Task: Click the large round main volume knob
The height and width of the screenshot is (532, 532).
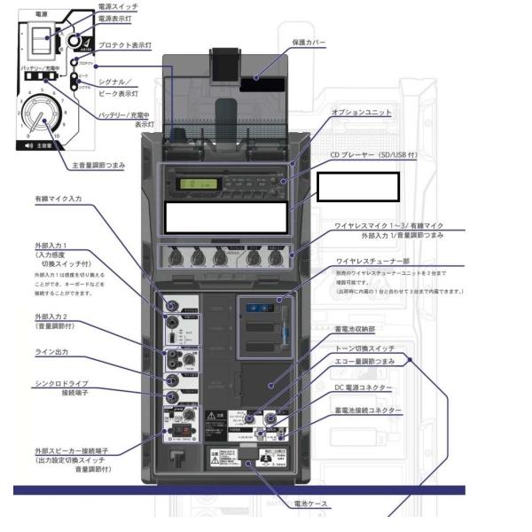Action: tap(39, 115)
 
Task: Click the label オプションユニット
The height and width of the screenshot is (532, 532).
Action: tap(360, 113)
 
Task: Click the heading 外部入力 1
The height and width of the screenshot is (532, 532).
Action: tap(54, 245)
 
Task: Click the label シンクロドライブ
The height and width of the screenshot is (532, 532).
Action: tap(60, 383)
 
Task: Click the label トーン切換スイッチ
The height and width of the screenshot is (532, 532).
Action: tap(365, 348)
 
